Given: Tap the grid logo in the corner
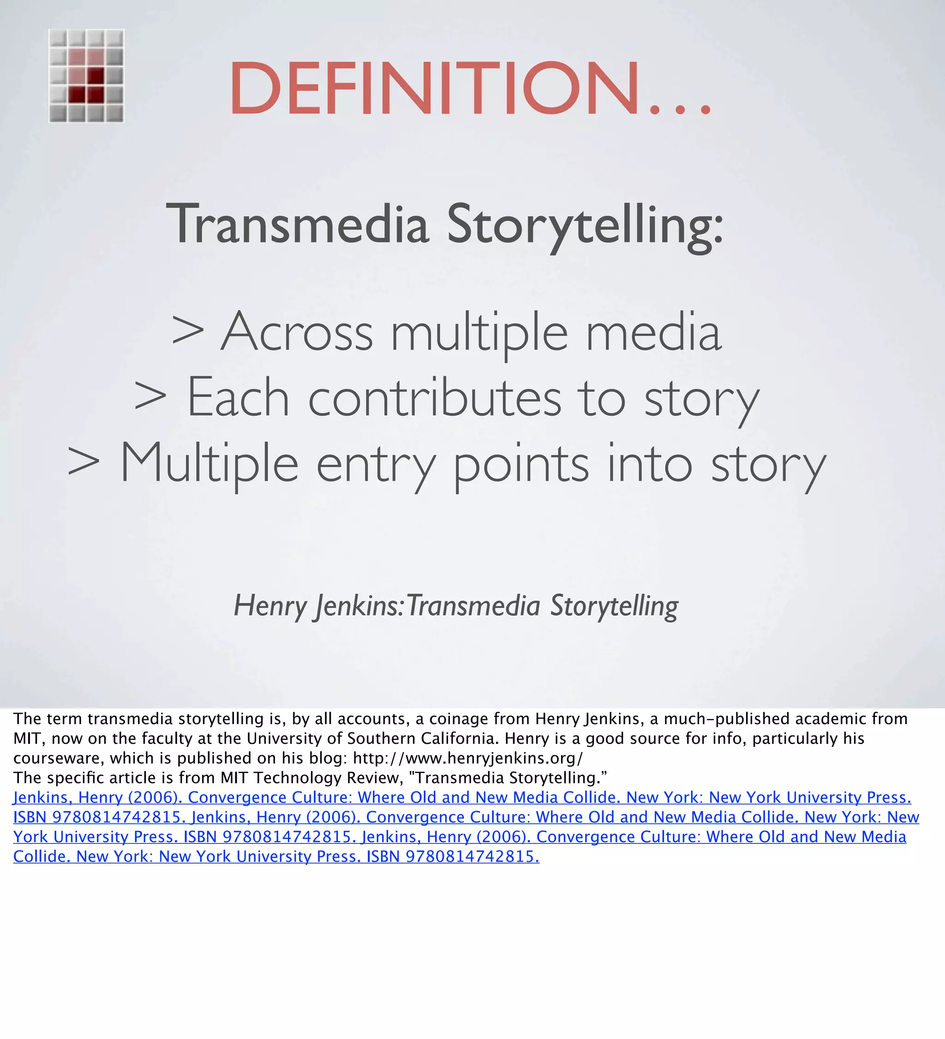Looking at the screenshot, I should click(87, 76).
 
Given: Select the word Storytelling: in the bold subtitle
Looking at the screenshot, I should click(585, 225).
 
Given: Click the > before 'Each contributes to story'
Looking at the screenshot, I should click(150, 398).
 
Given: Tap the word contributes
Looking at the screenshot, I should click(434, 398).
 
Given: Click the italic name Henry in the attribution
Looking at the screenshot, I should click(270, 606).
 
